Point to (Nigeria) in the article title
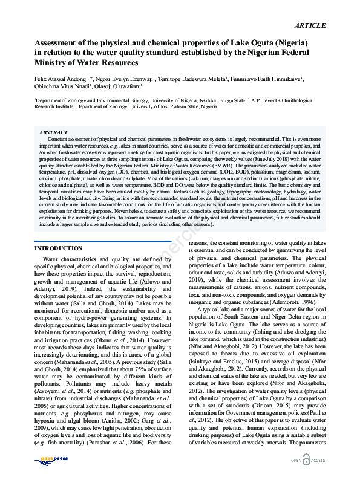[287, 43]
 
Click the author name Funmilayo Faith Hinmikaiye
[268, 79]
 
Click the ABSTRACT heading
[53, 132]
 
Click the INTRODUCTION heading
[59, 248]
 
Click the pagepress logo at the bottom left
[48, 459]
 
